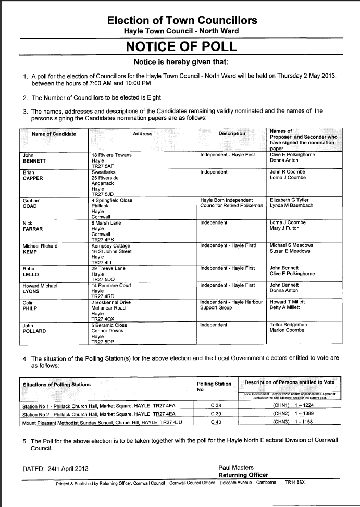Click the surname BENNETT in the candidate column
[34, 161]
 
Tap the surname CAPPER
[32, 178]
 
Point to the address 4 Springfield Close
[111, 200]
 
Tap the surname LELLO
[31, 274]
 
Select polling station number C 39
[215, 414]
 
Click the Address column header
[142, 134]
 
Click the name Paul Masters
[235, 467]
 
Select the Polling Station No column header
[214, 387]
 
